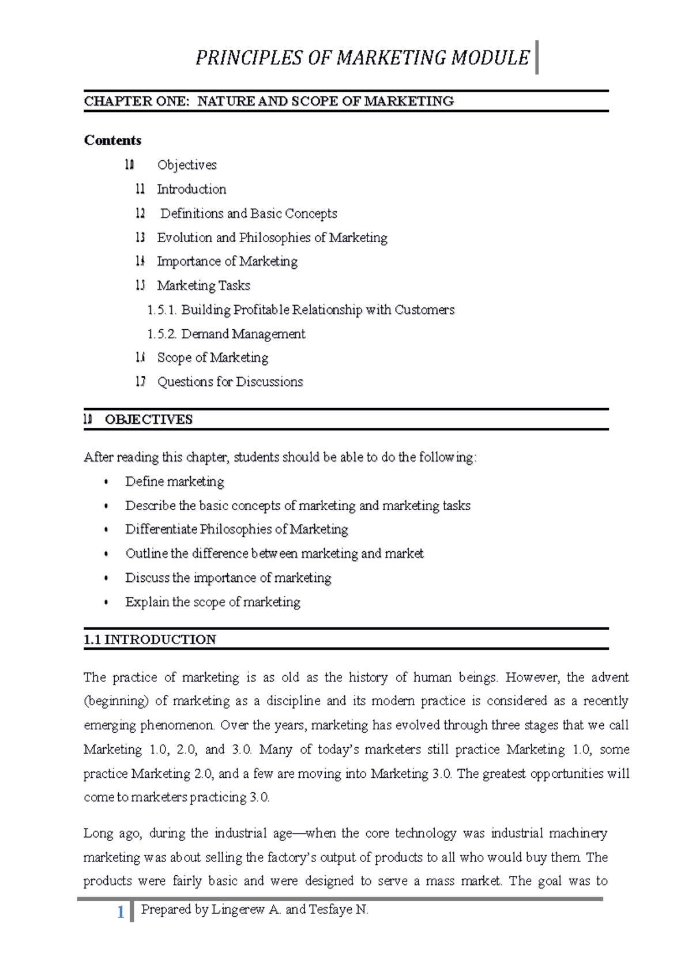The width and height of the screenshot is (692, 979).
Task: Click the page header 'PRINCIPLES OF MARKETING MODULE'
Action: pyautogui.click(x=362, y=58)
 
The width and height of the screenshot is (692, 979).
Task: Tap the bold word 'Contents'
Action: pyautogui.click(x=112, y=140)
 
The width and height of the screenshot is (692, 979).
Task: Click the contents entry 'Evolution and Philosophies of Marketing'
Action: pyautogui.click(x=272, y=238)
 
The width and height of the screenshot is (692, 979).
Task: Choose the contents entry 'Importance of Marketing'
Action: pyautogui.click(x=227, y=261)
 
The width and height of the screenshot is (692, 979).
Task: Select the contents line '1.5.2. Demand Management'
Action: pyautogui.click(x=226, y=334)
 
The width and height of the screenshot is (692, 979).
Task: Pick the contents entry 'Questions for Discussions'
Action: pyautogui.click(x=230, y=382)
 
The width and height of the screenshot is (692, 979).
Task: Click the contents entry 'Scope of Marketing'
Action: pyautogui.click(x=212, y=357)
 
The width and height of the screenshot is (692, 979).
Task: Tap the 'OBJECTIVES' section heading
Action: pyautogui.click(x=149, y=419)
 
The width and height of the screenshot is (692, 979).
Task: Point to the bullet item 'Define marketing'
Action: pyautogui.click(x=175, y=481)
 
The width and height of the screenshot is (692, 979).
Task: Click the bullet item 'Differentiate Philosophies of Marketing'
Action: pyautogui.click(x=236, y=529)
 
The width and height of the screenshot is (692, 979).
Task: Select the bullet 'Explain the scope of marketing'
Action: pyautogui.click(x=213, y=602)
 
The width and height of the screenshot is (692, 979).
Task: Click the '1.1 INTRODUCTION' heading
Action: pyautogui.click(x=150, y=639)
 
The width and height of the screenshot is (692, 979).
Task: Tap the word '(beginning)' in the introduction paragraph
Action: pyautogui.click(x=116, y=701)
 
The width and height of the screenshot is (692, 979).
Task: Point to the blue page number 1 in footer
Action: pyautogui.click(x=121, y=912)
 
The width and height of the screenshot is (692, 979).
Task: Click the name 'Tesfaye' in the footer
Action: pyautogui.click(x=330, y=910)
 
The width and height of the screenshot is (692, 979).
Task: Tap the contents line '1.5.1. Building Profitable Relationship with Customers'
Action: pyautogui.click(x=300, y=310)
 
